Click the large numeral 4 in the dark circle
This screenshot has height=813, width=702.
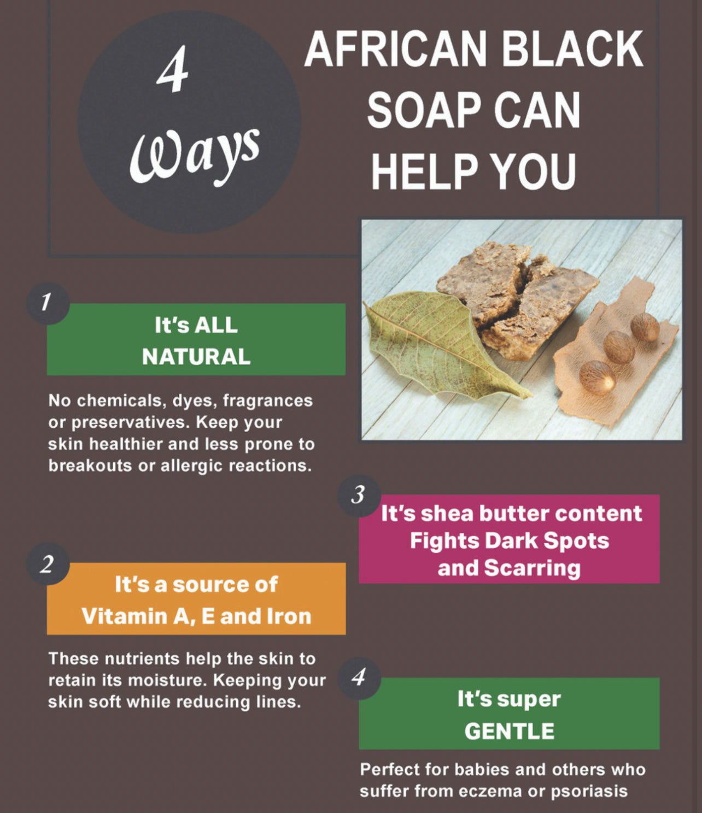coord(173,69)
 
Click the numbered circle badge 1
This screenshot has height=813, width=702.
coord(47,303)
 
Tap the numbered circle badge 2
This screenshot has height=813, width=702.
coord(47,563)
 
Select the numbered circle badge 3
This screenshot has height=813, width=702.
coord(358,496)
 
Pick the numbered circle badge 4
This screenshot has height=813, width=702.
coord(358,678)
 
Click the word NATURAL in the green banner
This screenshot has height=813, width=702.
coord(196,357)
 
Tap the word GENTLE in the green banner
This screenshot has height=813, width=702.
coord(509,732)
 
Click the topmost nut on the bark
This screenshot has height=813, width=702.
coord(645,327)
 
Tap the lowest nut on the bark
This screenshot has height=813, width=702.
coord(596,378)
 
